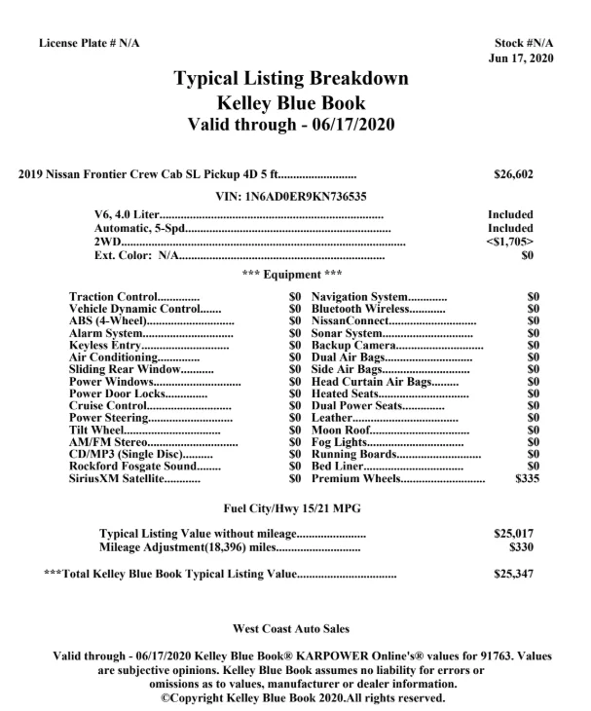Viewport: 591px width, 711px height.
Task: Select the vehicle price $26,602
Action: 513,175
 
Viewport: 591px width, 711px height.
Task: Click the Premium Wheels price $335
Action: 527,480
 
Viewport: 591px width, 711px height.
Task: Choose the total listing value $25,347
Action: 513,577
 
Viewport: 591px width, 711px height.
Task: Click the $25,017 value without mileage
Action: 513,534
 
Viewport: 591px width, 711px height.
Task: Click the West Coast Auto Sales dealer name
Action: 292,628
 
